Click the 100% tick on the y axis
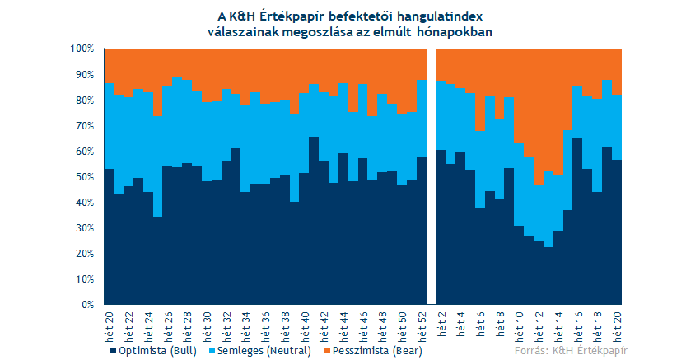coord(82,49)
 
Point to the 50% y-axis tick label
coord(84,177)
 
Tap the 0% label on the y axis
coord(87,305)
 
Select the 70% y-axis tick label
coord(84,126)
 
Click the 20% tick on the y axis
coord(84,254)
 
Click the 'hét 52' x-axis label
coord(421,326)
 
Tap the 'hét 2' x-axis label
coord(441,324)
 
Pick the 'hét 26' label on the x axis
coord(167,326)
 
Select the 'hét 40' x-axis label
coord(304,326)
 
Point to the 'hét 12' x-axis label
coord(539,326)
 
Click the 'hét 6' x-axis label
coord(480,324)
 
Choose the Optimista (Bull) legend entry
coord(153,351)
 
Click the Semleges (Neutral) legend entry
coord(260,351)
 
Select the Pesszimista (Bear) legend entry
coord(372,351)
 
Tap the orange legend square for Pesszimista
coord(326,351)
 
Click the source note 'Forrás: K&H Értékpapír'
coord(571,351)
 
